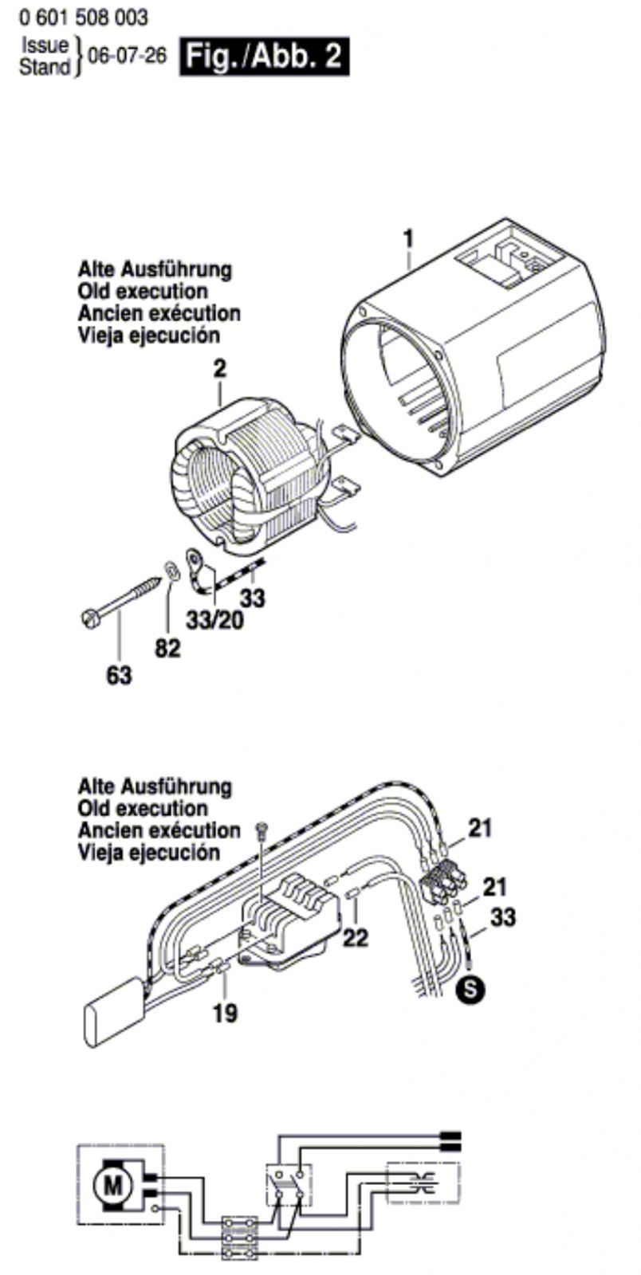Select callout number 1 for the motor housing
coord(408,237)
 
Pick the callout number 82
coord(167,649)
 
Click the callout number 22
coord(355,938)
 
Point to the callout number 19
coord(226,1014)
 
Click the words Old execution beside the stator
coord(143,291)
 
